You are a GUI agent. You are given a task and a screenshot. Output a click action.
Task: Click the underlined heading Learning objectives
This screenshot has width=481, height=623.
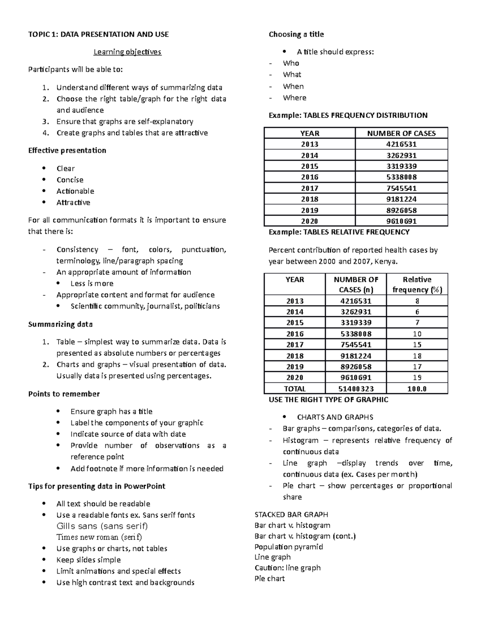(x=127, y=52)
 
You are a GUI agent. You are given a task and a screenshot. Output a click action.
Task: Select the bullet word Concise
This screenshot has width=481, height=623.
(x=70, y=180)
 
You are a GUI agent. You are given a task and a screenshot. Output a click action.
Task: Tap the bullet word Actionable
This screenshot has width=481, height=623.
(x=75, y=191)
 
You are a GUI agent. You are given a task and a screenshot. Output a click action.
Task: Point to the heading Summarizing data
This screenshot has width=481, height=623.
(x=60, y=324)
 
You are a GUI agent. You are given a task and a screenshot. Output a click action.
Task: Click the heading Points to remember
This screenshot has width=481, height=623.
(x=64, y=394)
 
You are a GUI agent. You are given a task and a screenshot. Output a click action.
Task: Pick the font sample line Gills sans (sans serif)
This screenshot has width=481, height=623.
(x=102, y=526)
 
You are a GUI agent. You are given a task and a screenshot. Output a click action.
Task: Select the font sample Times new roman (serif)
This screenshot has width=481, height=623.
(x=99, y=537)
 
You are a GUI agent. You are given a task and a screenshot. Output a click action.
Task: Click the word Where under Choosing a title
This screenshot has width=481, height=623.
(x=294, y=97)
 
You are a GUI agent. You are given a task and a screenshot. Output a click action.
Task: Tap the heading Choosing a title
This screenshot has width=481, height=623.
(x=296, y=34)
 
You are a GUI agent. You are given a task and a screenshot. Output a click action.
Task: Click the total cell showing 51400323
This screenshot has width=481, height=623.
(x=356, y=389)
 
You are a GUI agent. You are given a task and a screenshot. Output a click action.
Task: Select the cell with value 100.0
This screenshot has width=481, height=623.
(x=417, y=389)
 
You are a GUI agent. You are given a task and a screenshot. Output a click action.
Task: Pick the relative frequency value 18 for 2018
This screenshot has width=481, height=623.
(x=417, y=356)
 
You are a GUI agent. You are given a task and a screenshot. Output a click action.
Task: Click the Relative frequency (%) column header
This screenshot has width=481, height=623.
(x=417, y=284)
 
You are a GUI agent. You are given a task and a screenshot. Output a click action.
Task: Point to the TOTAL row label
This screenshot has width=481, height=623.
(x=295, y=389)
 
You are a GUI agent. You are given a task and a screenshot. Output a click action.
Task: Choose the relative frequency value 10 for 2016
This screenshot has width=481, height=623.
(x=417, y=334)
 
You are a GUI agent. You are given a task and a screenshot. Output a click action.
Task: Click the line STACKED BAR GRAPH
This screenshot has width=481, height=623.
(x=291, y=514)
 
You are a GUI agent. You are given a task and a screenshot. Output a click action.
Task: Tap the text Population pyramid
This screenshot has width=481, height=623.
(x=289, y=546)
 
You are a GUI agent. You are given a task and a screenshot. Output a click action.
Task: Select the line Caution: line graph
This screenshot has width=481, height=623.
(x=287, y=568)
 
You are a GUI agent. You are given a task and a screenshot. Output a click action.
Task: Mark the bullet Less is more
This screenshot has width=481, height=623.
(x=92, y=283)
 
